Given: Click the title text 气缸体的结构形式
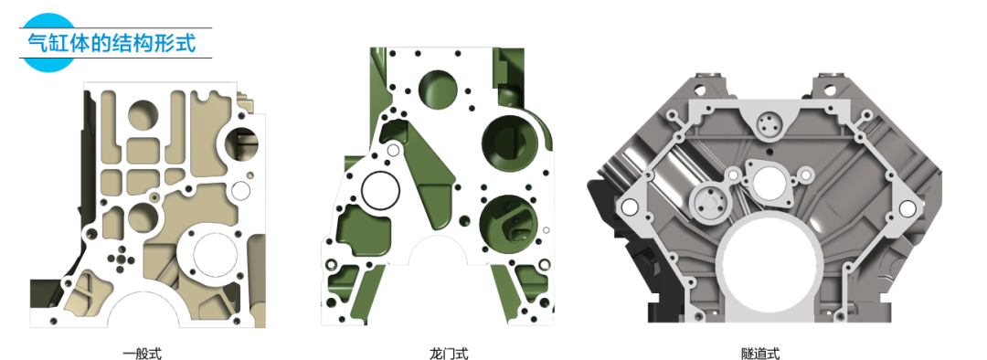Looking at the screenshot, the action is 112,43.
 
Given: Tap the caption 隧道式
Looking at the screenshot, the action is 760,354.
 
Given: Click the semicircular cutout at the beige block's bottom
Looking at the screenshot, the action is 143,310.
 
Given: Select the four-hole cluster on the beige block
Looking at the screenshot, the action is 121,259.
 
